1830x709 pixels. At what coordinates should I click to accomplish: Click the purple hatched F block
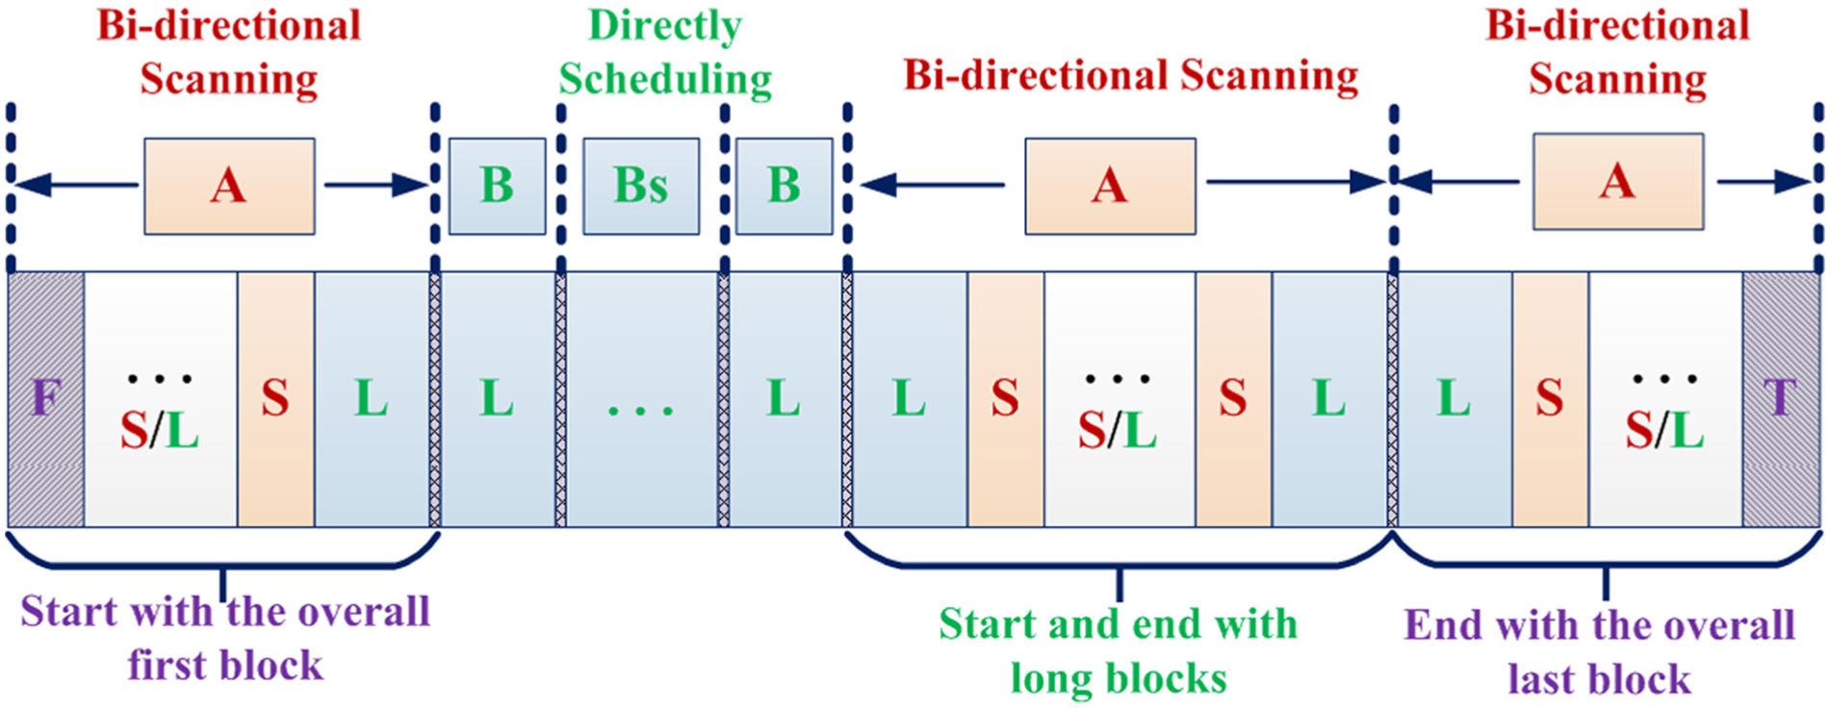pyautogui.click(x=46, y=399)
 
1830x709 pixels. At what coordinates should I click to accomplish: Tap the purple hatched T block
pyautogui.click(x=1780, y=399)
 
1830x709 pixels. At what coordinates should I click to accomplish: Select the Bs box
pyautogui.click(x=641, y=186)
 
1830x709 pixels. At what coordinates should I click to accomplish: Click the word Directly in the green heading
pyautogui.click(x=665, y=26)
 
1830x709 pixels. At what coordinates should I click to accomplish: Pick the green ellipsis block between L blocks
pyautogui.click(x=641, y=399)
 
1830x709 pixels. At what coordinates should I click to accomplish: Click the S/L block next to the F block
pyautogui.click(x=161, y=399)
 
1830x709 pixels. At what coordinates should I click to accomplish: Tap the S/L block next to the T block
pyautogui.click(x=1665, y=399)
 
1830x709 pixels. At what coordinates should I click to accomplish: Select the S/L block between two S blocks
pyautogui.click(x=1120, y=399)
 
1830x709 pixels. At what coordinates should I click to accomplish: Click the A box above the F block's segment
pyautogui.click(x=229, y=186)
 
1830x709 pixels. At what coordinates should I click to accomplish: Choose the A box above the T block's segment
pyautogui.click(x=1618, y=181)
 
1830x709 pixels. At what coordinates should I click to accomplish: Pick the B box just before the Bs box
pyautogui.click(x=497, y=186)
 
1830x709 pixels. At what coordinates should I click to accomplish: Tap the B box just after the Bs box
pyautogui.click(x=784, y=186)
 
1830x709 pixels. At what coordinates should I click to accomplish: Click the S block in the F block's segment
pyautogui.click(x=275, y=399)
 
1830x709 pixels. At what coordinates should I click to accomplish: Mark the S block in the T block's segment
pyautogui.click(x=1550, y=399)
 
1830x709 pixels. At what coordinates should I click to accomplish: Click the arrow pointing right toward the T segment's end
pyautogui.click(x=1765, y=181)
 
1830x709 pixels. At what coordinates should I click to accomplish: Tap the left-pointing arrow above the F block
pyautogui.click(x=77, y=185)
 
